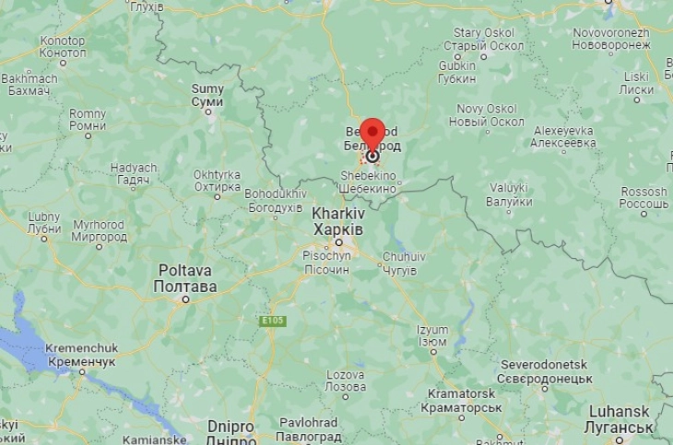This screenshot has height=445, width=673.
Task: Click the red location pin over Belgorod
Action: coord(372,134)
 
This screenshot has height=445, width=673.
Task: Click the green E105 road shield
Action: coord(273,321)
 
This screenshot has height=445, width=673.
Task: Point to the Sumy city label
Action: coord(207,95)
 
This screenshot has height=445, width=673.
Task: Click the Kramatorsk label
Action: coord(464,401)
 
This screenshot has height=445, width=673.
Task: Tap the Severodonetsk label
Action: coord(543,371)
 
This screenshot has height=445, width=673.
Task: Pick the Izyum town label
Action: coord(432,335)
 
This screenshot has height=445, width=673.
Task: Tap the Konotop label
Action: coord(63,47)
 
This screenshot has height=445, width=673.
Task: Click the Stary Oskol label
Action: coord(479,39)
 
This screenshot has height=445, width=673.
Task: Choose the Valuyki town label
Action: coord(509,193)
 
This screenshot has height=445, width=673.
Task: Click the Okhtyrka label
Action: coord(218,181)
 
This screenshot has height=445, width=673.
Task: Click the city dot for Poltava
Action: coord(185,299)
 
